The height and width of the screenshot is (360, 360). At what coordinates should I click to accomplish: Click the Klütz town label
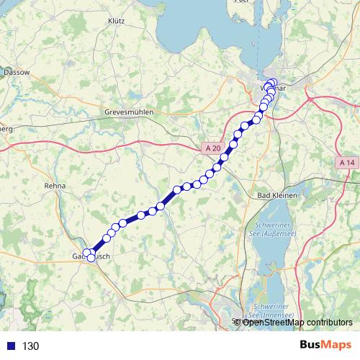[116, 22]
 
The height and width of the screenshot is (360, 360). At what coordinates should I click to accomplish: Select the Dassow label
[16, 73]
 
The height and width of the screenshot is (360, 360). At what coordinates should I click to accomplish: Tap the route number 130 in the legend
[31, 346]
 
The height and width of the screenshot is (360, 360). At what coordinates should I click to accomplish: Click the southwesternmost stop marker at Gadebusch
[86, 252]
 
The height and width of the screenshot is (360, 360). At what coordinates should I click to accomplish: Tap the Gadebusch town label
[90, 256]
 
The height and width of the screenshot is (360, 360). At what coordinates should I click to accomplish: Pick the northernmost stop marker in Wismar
[271, 81]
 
